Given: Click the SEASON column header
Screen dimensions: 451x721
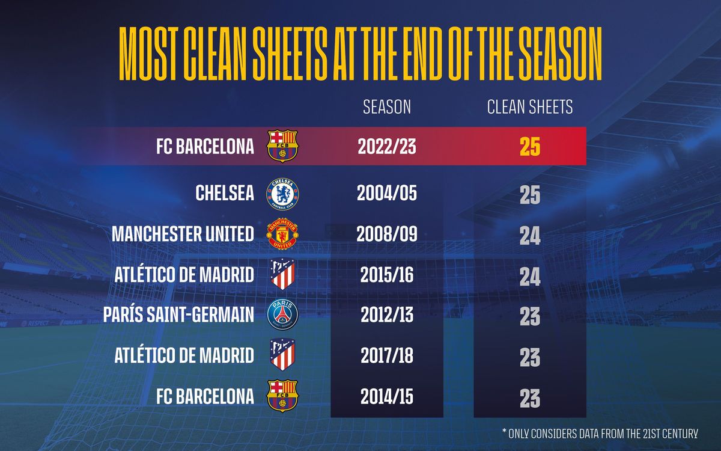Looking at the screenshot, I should [387, 107].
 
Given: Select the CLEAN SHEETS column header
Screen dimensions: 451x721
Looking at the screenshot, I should [529, 107].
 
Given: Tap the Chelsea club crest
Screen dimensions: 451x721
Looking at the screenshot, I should [282, 194].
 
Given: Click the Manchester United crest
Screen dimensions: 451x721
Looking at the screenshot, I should [282, 234].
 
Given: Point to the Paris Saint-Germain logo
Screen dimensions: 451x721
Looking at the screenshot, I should [282, 315].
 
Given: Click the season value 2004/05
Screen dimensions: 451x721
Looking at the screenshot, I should [387, 194].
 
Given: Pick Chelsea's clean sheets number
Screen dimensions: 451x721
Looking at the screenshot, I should [530, 195].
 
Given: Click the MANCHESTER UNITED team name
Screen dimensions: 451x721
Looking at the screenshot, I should [183, 235].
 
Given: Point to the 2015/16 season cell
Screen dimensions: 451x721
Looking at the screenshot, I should [387, 275].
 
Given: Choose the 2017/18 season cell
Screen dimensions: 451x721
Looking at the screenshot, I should [387, 355].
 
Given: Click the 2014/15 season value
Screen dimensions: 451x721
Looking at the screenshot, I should [387, 396].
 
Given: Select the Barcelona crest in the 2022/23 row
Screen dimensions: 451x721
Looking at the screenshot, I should [282, 147].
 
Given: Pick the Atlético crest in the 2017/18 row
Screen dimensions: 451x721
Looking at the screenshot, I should [282, 355].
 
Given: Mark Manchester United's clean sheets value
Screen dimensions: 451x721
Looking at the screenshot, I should [530, 236].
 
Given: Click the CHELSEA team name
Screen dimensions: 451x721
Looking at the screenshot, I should [225, 194].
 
